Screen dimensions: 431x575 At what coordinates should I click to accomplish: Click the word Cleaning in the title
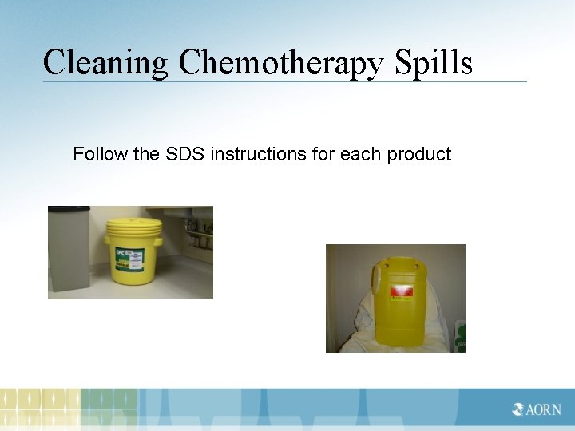pos(106,62)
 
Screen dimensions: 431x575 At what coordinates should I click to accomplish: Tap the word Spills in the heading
pos(434,62)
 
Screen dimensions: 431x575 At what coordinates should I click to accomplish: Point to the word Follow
pos(101,154)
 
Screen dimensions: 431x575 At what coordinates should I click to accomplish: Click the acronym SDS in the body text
pos(184,154)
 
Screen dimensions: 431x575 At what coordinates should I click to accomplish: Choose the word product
pos(419,154)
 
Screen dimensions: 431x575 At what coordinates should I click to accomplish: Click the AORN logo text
pos(543,409)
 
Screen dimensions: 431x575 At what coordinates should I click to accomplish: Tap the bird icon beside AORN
pos(519,409)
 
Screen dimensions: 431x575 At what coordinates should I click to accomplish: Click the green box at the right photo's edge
pos(460,336)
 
